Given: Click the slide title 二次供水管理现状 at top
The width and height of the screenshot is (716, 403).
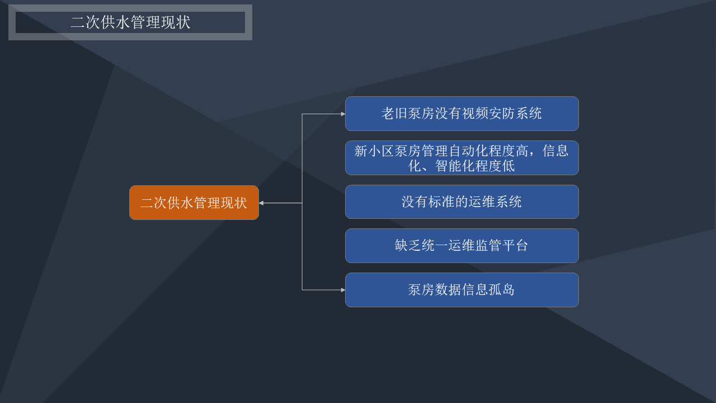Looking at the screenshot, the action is (130, 22).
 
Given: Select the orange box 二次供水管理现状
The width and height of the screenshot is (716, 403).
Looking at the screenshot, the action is (194, 203).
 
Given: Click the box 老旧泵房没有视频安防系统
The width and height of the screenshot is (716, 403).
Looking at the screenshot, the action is (462, 114).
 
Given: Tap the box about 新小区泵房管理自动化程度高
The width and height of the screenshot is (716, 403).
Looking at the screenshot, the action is (462, 158).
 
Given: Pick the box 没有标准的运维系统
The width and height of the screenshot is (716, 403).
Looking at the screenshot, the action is (462, 202).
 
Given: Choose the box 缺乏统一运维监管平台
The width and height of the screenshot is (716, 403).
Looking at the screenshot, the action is (462, 246).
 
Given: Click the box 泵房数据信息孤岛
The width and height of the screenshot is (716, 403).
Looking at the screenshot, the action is (462, 290).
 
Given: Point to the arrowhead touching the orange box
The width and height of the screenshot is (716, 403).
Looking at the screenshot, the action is (261, 203).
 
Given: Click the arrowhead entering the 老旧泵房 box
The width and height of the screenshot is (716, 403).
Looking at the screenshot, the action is (343, 114).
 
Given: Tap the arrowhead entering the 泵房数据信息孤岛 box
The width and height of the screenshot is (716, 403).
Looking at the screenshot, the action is (343, 290).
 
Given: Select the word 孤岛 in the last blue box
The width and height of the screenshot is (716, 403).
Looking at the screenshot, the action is (502, 290).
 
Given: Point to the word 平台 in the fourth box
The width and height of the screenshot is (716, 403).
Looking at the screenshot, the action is (515, 246).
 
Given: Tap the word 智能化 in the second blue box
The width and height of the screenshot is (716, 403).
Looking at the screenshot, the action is (455, 166).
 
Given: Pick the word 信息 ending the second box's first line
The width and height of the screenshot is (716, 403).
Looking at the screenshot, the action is (555, 151).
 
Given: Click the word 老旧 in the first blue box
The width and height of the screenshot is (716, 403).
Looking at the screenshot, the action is (395, 114).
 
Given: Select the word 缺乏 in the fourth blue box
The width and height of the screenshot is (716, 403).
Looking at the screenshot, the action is (408, 246).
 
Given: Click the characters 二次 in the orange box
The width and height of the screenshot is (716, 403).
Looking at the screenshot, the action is (154, 203).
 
